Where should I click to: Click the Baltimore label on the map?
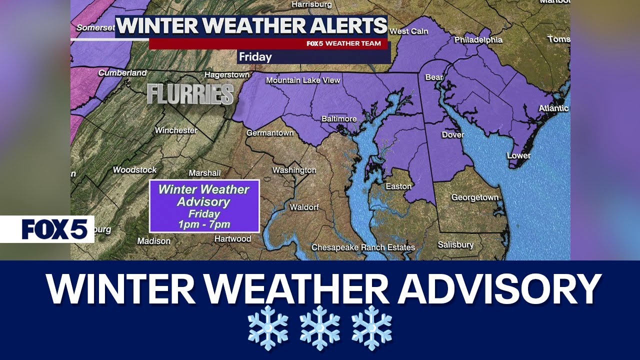coord(339,119)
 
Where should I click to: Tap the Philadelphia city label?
coord(478,39)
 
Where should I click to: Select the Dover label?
coord(452,134)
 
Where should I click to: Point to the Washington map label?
coord(294,170)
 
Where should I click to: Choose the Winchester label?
coord(175,130)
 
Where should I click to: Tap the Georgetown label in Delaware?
coord(475,197)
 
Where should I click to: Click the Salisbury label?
coord(455,245)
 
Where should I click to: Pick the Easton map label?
coord(398,186)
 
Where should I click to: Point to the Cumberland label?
coord(122,73)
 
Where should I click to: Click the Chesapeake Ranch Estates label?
coord(363,247)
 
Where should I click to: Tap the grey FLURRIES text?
coord(190,94)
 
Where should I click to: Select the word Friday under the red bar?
coord(255,57)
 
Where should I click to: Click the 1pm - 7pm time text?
coord(204,224)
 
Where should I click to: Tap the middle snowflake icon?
coord(320,327)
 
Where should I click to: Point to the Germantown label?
coord(269,133)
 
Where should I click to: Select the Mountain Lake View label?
coord(302,80)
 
